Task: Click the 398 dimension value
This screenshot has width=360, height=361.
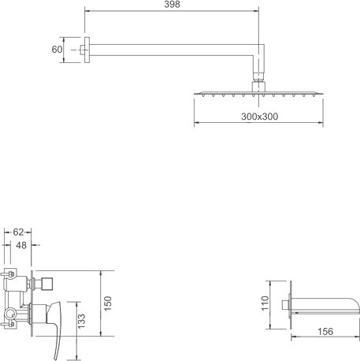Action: point(172,5)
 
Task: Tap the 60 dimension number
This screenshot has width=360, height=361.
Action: point(57,50)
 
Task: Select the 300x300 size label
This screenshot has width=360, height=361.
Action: point(259,117)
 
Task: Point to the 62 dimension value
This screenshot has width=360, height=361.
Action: point(18,232)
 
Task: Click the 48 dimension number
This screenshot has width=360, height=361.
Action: point(21,245)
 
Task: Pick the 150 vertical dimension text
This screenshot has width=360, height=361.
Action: point(108,303)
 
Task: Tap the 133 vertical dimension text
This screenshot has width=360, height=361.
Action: point(81,321)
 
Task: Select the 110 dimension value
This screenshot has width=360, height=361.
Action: point(265,303)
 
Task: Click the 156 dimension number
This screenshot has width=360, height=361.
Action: point(325,332)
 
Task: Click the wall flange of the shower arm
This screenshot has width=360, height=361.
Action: point(87,50)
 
